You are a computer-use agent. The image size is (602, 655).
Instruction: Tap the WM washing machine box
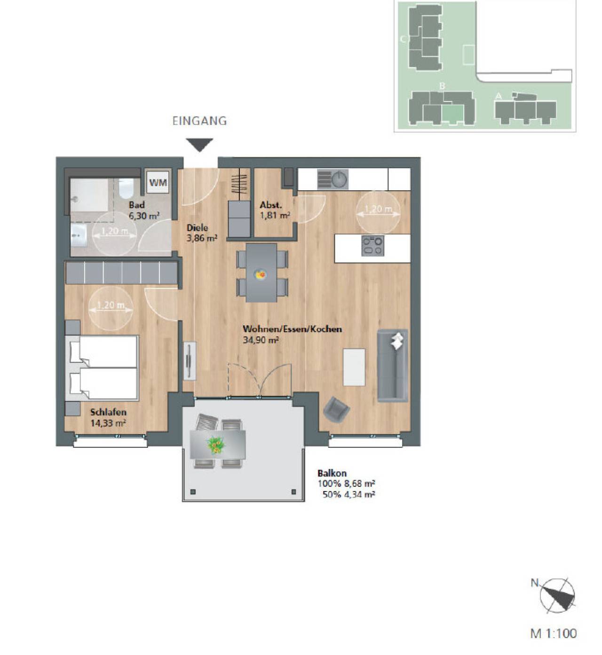158,182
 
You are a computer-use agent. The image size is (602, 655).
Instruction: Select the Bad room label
136,205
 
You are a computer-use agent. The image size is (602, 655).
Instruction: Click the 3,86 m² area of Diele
202,238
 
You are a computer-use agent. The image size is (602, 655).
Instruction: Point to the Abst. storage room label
270,205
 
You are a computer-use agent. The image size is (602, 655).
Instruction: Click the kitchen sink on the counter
333,179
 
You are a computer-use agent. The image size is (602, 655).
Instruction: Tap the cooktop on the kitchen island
373,245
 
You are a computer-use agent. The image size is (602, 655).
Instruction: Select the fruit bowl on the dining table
261,274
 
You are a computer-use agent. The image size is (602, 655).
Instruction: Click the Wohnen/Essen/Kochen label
292,329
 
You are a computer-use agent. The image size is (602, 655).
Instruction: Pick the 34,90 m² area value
261,340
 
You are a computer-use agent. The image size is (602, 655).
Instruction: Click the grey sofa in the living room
393,365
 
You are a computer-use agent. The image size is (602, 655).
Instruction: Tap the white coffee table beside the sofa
354,367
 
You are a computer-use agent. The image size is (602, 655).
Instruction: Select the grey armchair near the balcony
336,411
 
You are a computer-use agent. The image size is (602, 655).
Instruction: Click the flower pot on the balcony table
216,444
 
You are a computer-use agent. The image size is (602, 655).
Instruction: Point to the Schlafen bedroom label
108,412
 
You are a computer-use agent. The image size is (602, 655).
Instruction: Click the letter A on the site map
499,96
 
